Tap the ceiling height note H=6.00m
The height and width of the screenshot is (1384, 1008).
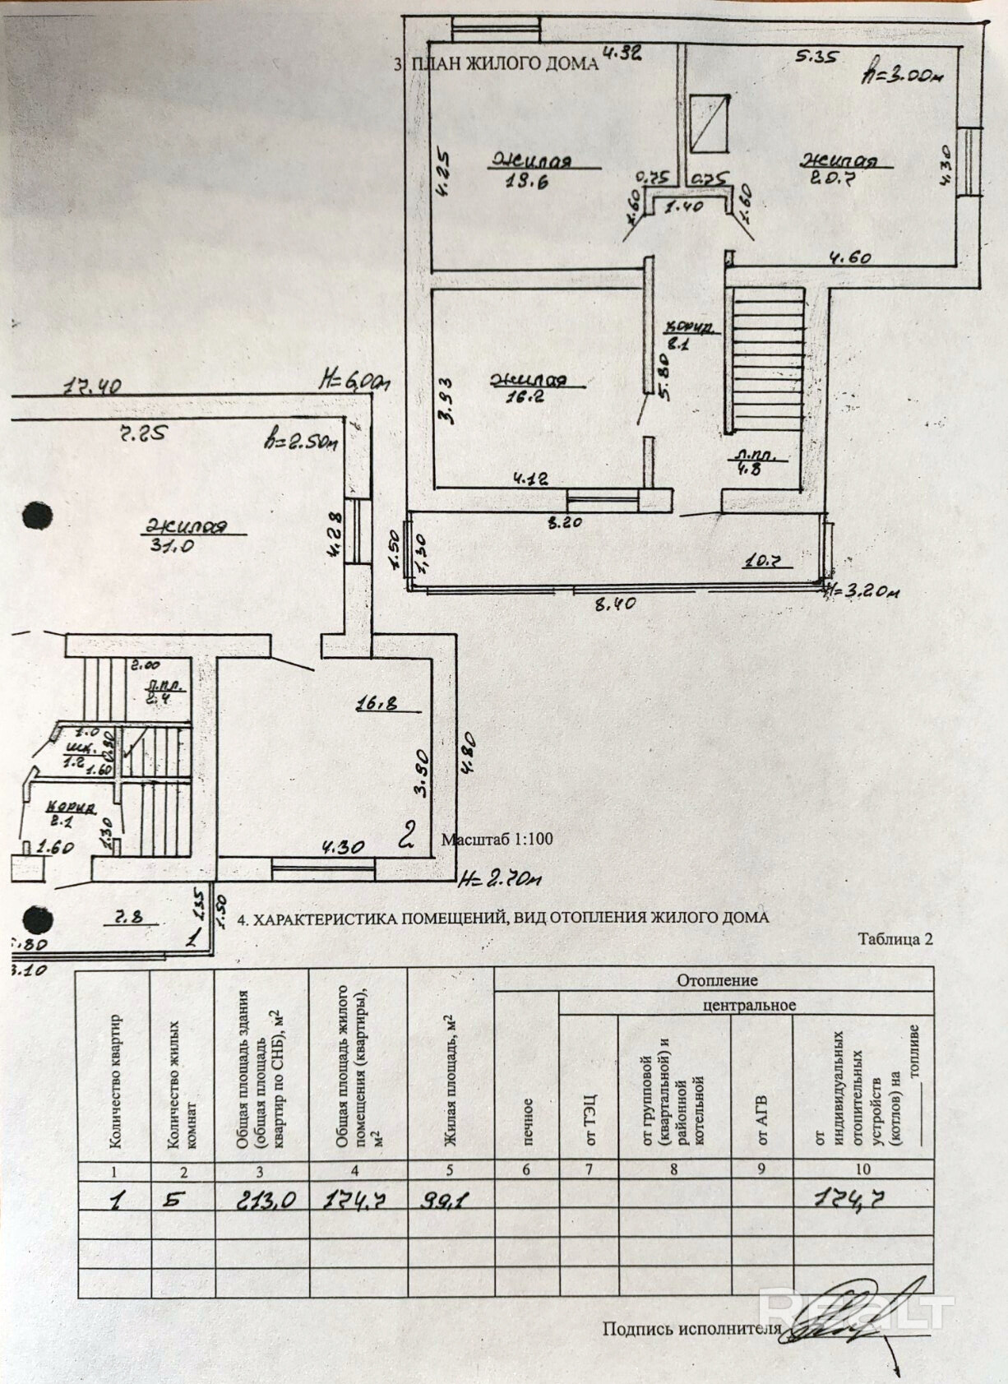(x=355, y=382)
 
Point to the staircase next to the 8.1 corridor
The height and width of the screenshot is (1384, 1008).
(x=768, y=363)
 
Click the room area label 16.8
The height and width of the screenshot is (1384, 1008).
(x=377, y=704)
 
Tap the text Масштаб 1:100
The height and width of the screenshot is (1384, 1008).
(x=497, y=840)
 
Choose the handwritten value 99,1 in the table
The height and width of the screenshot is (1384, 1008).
(x=446, y=1201)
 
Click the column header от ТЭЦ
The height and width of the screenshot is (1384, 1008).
(x=590, y=1118)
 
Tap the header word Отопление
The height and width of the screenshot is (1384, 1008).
(x=717, y=979)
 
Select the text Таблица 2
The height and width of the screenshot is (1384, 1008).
(x=895, y=939)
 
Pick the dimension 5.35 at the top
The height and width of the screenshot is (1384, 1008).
(x=814, y=57)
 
